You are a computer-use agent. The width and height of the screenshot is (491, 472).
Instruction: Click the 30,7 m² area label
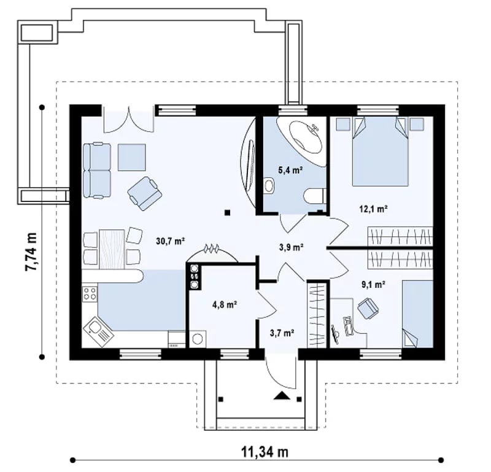pos(171,241)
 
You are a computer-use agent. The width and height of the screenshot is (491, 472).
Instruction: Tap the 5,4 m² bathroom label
pos(290,171)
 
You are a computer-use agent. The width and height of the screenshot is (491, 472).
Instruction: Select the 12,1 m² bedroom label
pos(374,209)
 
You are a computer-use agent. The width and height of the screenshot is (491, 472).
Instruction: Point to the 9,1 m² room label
pos(373,284)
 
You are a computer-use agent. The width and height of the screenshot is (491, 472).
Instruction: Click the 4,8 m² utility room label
pos(225,304)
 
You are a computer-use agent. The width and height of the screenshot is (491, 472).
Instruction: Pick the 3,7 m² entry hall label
pos(282,333)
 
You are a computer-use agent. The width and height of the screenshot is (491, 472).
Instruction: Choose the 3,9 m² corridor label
pos(291,247)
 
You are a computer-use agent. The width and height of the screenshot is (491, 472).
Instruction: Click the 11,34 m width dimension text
pos(265,452)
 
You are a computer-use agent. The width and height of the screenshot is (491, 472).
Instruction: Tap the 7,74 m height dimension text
pos(31,252)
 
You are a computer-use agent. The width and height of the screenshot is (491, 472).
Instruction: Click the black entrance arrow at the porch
pos(282,395)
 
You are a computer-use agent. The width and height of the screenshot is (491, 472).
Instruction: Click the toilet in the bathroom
pos(314,196)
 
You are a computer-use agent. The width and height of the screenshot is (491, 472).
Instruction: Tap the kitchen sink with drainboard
pos(99,332)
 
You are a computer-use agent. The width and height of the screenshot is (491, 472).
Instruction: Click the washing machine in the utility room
pos(197,339)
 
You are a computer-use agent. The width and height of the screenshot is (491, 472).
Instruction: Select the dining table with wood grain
pos(112,249)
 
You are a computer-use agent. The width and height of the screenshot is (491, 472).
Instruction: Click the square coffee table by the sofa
pos(131,157)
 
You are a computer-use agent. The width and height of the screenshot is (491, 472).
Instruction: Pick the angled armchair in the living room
pos(145,193)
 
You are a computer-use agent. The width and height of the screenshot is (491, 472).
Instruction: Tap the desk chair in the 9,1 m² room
pos(368,308)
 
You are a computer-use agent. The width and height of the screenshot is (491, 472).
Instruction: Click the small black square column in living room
pos(227,212)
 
